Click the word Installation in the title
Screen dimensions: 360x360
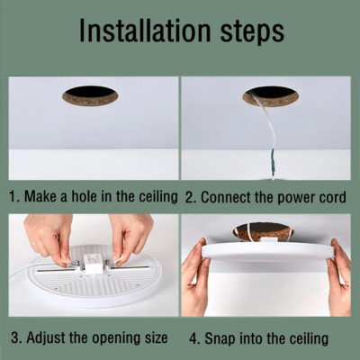point(145,31)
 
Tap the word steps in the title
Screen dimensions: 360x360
point(252,32)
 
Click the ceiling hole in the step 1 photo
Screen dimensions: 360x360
point(90,96)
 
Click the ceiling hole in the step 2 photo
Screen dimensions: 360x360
point(270,96)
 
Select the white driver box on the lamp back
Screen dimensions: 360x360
point(93,264)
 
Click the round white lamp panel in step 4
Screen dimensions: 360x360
point(268,252)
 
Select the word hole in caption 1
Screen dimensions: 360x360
point(85,196)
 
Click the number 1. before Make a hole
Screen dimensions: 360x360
point(14,196)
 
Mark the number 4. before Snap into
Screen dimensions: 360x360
point(195,338)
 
